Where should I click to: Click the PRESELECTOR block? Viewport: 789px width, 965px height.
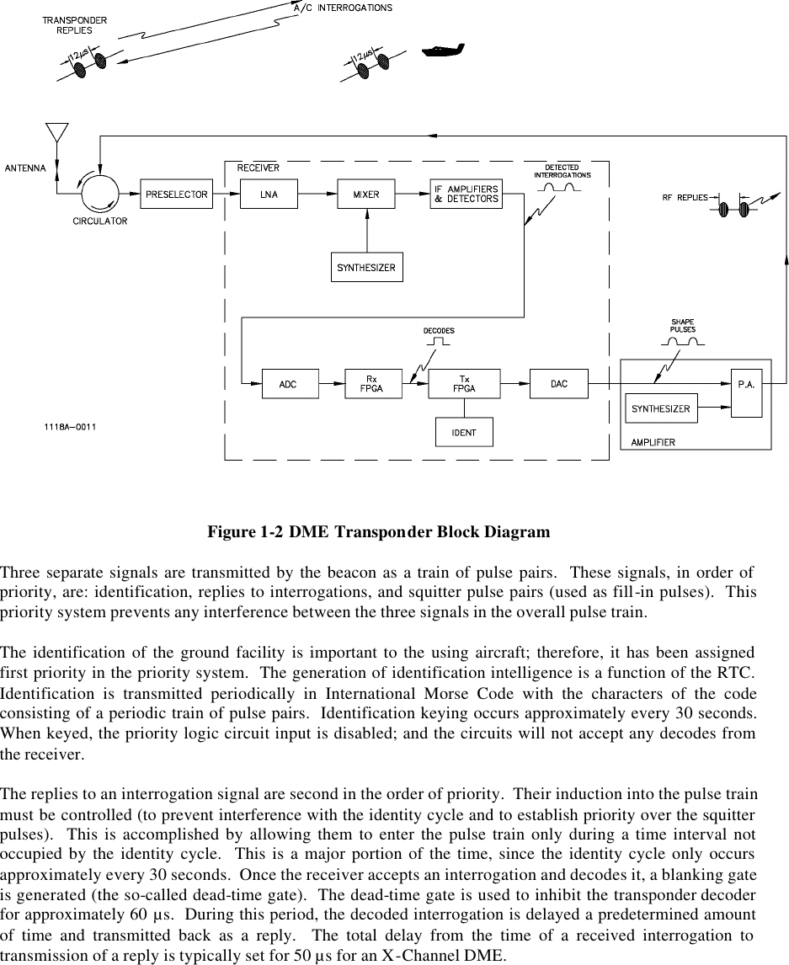176,195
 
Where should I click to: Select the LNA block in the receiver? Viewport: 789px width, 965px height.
269,195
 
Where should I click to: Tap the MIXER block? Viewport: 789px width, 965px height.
366,195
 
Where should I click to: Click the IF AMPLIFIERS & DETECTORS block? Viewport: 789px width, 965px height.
466,194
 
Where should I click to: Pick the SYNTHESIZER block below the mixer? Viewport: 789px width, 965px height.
366,268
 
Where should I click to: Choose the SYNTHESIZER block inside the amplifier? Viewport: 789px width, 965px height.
661,408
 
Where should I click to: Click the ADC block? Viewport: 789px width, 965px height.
288,384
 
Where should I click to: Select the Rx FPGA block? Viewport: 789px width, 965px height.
373,384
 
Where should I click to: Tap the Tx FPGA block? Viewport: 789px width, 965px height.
464,384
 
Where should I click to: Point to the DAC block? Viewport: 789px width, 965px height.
559,384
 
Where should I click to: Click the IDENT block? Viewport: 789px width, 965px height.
464,432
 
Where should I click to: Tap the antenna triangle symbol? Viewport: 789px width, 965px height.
56,134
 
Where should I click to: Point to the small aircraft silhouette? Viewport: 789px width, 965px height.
444,50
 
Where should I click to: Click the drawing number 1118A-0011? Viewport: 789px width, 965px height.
71,426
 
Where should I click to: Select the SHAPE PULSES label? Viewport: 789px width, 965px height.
683,326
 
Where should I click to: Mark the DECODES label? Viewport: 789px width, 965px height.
439,331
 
